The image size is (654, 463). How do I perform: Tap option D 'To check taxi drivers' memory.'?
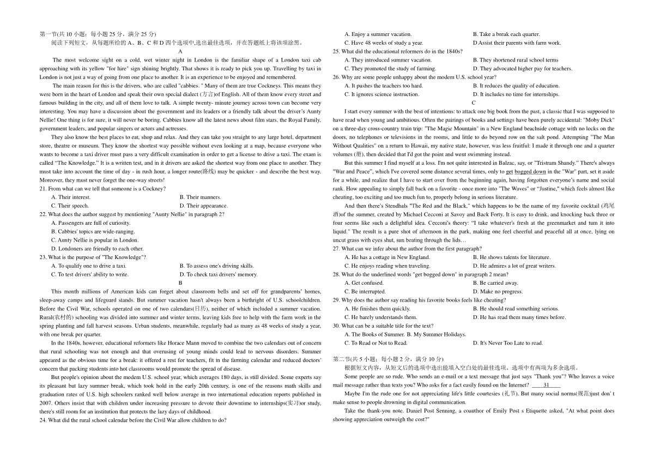(x=218, y=274)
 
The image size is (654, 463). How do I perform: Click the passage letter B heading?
(x=180, y=283)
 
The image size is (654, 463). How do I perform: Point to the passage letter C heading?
(x=474, y=103)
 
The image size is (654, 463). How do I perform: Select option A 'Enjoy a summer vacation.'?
(x=378, y=34)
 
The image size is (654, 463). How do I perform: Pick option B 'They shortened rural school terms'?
(x=515, y=60)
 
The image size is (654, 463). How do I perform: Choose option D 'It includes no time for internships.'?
(x=516, y=94)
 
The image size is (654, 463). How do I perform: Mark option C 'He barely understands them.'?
(x=380, y=317)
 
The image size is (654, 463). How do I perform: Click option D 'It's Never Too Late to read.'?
(x=507, y=343)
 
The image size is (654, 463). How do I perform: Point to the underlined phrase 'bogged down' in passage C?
(x=530, y=172)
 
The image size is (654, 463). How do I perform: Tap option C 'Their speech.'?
(x=70, y=206)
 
